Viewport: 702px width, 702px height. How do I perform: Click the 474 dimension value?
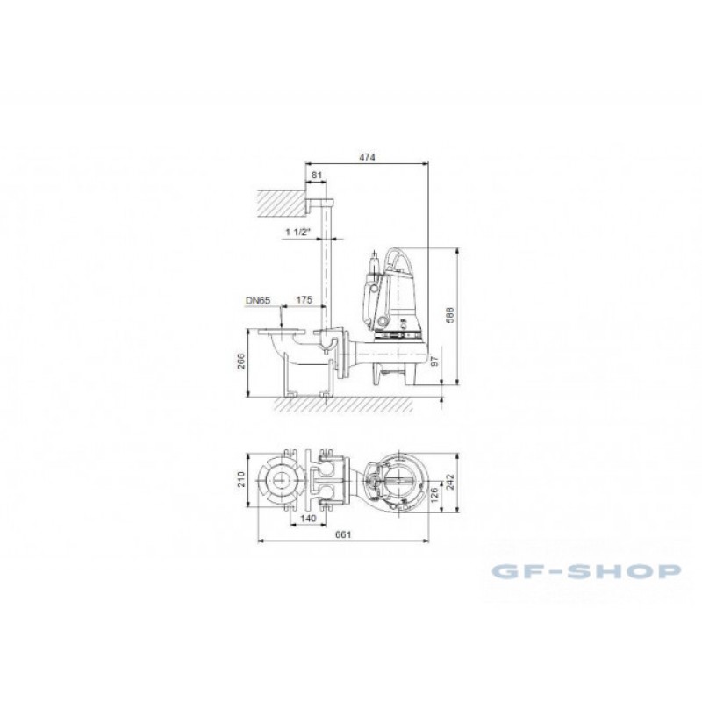pos(367,157)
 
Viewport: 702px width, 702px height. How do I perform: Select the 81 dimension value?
pos(317,175)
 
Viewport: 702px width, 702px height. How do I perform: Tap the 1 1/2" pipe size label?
pos(298,232)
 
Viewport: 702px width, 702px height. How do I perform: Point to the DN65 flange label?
pos(258,300)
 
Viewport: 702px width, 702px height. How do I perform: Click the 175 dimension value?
pos(304,300)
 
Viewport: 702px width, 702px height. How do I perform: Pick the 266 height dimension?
pos(240,362)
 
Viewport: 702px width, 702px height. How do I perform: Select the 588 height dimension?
pos(450,315)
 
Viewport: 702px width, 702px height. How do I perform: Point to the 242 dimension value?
pos(450,482)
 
